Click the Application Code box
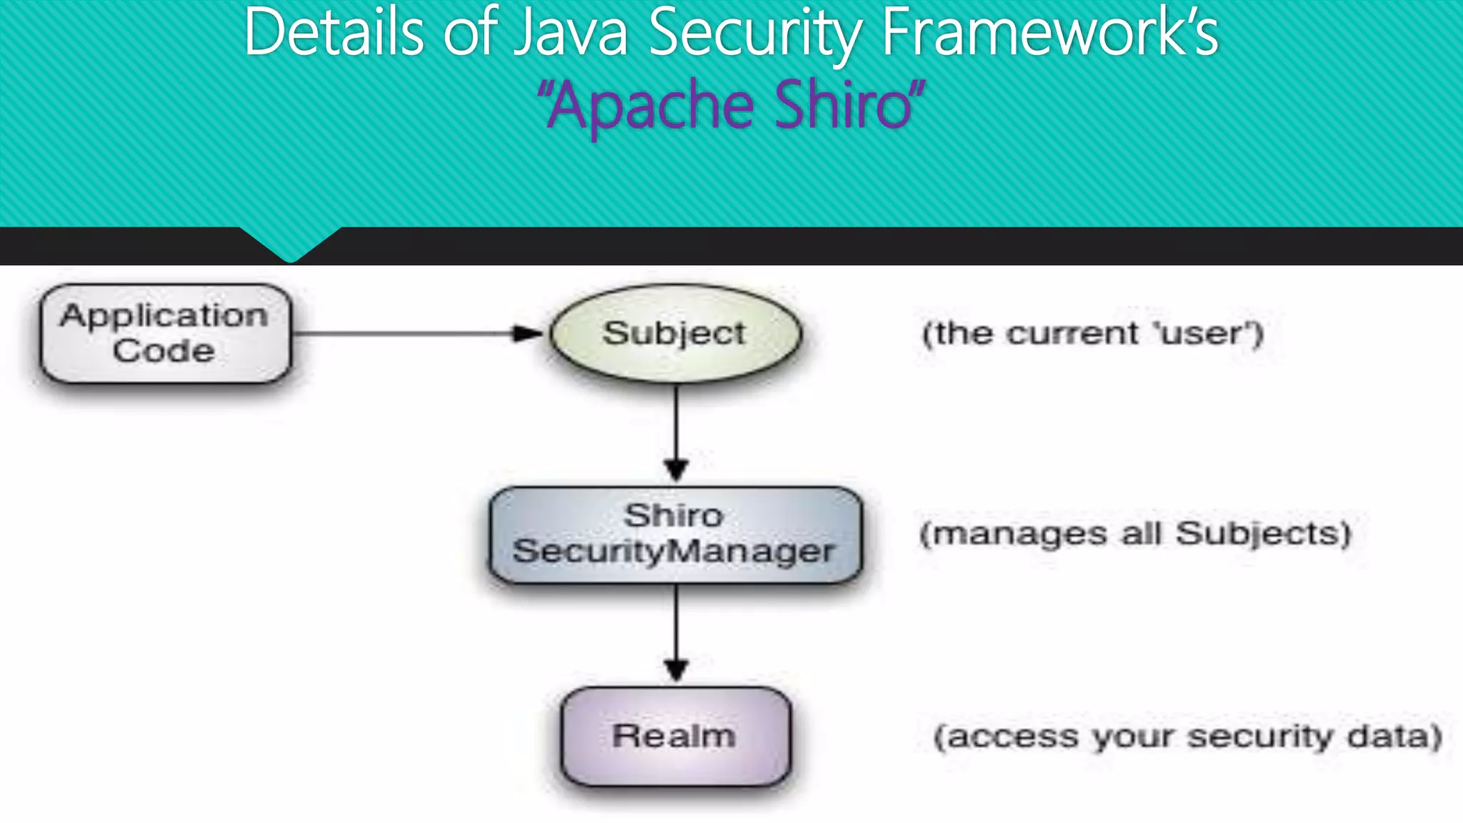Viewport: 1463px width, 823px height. (166, 334)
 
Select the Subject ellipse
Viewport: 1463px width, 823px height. (676, 334)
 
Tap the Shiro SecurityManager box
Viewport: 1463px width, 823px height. (676, 535)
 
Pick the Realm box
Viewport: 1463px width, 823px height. (676, 736)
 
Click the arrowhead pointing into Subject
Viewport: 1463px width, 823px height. (527, 334)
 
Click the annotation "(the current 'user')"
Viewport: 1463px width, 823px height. (1093, 334)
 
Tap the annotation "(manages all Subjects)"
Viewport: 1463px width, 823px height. (1136, 534)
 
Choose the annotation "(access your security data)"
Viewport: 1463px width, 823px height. (1188, 737)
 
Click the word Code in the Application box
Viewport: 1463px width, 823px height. (164, 351)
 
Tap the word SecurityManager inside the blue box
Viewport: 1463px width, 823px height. (674, 552)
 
